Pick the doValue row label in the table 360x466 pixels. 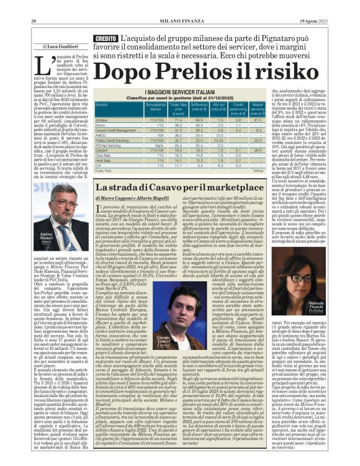[102, 119]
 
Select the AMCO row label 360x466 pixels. [101, 135]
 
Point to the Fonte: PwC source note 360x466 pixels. [104, 169]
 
